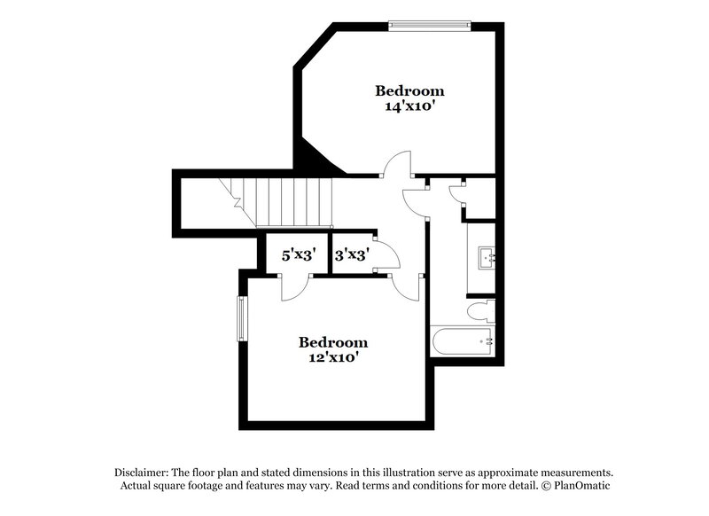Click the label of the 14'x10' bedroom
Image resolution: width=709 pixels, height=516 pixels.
409,90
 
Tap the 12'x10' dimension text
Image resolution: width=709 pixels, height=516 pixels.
332,358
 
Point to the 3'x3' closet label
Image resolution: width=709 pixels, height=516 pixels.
352,255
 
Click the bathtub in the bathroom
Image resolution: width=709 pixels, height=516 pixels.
462,341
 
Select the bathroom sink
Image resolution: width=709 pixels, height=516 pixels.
487,258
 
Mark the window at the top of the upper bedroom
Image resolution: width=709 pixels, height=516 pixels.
428,25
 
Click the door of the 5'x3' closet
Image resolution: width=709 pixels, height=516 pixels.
295,286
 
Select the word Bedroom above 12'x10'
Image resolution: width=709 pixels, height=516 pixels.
332,342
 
